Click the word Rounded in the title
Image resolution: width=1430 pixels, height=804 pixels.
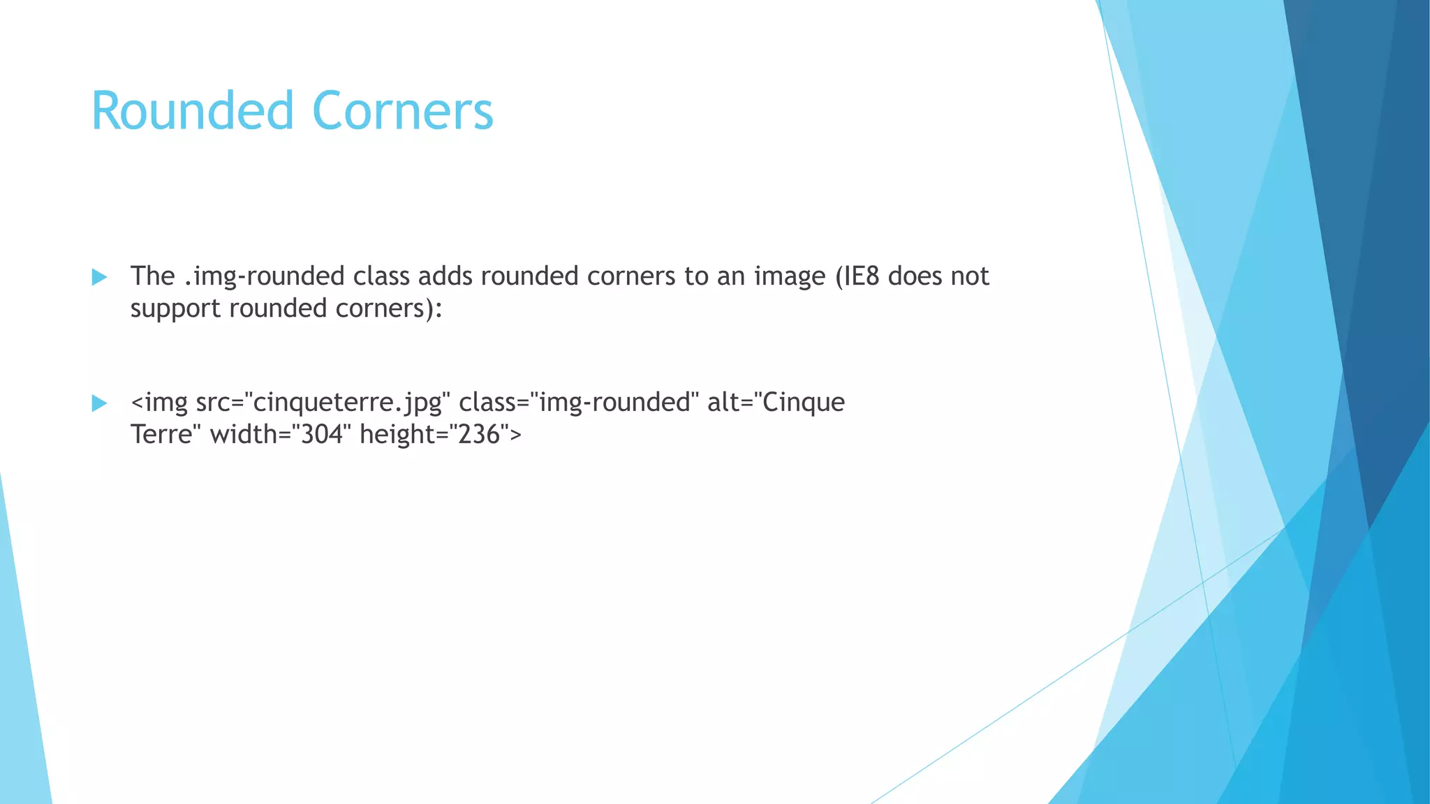click(192, 112)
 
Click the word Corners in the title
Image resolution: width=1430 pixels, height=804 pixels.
click(403, 112)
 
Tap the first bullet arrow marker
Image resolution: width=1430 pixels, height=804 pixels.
click(99, 277)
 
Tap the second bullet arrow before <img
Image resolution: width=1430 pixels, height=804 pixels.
click(99, 403)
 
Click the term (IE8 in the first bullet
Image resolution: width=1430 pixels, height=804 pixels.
click(857, 276)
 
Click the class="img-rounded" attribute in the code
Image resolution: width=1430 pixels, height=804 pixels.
click(579, 403)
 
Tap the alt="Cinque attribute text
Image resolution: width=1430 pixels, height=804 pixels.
click(776, 403)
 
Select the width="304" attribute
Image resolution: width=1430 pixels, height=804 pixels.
click(277, 435)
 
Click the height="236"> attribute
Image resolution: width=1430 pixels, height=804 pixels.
click(440, 435)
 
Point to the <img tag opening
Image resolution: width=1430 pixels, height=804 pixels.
click(159, 403)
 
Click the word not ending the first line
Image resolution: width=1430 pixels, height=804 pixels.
click(968, 276)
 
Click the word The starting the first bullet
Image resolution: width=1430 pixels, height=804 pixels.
click(152, 276)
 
